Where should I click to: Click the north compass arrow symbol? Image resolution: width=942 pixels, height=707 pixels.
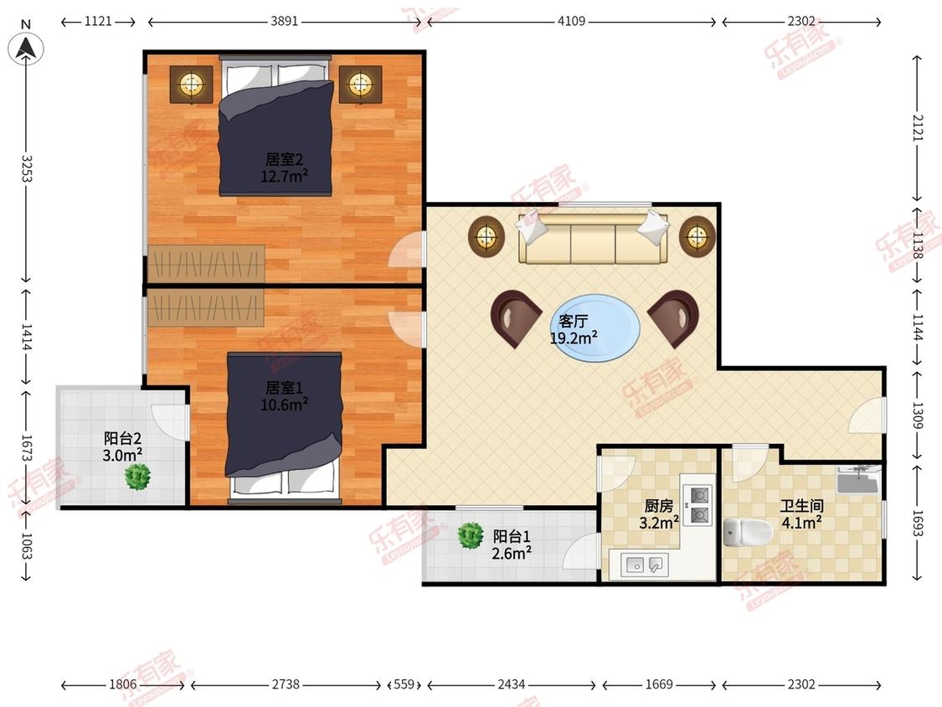25,48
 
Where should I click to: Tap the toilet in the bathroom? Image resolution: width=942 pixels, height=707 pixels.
748,531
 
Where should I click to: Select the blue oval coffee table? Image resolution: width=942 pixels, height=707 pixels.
595,328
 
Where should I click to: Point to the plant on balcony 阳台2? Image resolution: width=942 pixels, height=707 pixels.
137,477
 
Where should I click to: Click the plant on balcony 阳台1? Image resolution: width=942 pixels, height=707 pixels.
470,535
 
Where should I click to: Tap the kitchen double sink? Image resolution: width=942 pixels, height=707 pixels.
643,565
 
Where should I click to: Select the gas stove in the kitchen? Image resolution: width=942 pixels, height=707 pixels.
698,505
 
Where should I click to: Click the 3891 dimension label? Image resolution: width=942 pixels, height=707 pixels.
284,22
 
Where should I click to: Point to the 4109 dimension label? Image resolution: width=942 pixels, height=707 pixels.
571,22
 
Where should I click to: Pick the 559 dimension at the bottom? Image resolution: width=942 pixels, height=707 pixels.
404,684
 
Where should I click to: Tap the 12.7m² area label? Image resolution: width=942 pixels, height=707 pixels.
284,176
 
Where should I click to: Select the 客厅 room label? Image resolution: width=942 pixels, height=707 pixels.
573,321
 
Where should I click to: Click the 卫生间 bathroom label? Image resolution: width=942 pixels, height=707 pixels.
801,506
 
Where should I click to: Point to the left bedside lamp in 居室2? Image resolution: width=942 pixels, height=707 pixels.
191,84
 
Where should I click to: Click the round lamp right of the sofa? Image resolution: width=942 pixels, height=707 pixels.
697,235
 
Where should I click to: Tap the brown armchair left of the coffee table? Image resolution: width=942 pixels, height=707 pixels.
517,318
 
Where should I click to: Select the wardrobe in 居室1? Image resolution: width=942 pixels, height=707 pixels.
205,307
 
